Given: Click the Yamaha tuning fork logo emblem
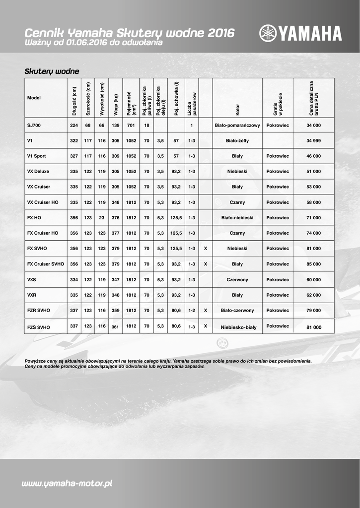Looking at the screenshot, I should point(267,33).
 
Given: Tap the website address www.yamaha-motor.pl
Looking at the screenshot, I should point(67,483).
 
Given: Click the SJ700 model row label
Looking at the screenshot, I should point(34,126).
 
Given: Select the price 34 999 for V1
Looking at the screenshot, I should point(313,141).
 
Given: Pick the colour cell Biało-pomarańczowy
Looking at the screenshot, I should point(237,126).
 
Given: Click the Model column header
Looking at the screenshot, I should point(34,98).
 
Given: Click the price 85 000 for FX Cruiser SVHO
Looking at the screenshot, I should point(313,264).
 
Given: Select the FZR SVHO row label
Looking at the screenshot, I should point(39,310).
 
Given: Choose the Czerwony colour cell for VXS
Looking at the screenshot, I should point(237,280).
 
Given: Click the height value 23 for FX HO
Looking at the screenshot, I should point(102,218).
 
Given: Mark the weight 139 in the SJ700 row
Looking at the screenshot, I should point(116,126).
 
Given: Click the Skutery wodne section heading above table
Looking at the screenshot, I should point(52,71).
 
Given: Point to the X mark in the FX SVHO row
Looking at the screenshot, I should point(206,249).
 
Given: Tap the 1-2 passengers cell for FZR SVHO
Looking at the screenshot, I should point(192,310).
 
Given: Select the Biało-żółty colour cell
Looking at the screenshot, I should point(237,141).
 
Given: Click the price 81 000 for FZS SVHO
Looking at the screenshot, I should point(313,327).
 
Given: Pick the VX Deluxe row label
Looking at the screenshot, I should point(38,172).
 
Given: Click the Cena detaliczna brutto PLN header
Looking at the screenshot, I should point(313,98).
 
